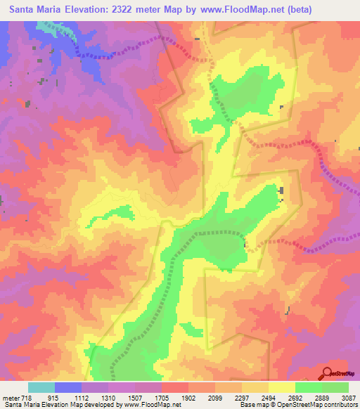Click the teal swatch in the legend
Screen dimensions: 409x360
(x=41, y=387)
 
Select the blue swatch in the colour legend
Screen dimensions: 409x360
(x=68, y=387)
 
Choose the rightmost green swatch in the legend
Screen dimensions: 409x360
(x=335, y=387)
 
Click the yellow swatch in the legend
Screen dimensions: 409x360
(x=282, y=387)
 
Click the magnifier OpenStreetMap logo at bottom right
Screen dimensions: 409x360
(x=328, y=373)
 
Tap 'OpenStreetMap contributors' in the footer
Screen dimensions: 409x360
(x=321, y=405)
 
